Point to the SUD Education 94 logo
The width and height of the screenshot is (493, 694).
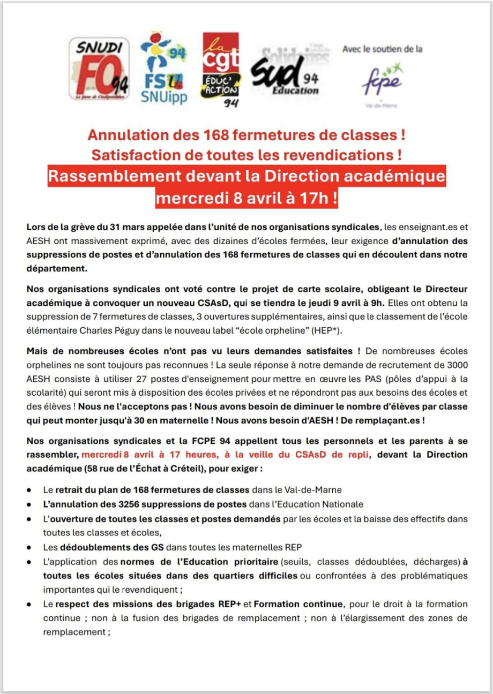coord(288,72)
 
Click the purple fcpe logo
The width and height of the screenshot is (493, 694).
coord(382,80)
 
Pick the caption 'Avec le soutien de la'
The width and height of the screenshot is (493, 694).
coord(382,49)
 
